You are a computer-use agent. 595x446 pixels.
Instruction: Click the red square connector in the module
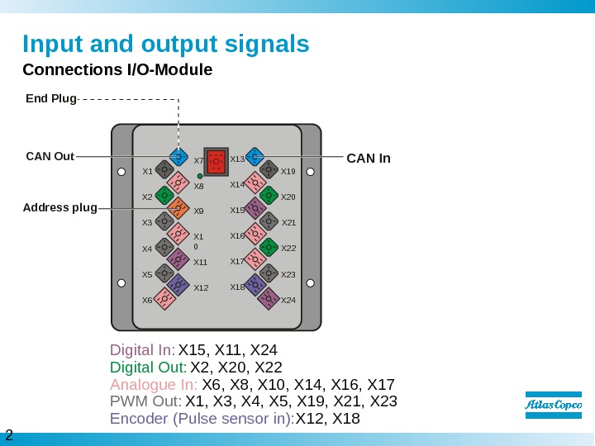[x=217, y=161]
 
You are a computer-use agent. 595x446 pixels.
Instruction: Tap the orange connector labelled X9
[x=177, y=209]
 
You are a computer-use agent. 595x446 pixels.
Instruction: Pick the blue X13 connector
[x=255, y=157]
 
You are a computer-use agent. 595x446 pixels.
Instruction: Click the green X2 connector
[x=164, y=197]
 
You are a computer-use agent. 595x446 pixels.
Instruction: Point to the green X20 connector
[x=268, y=196]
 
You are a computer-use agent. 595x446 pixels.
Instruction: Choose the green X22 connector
[x=268, y=247]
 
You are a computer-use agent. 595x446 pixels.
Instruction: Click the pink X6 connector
[x=164, y=299]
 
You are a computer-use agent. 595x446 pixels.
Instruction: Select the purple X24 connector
[x=268, y=298]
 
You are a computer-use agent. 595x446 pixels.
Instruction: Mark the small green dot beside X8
[x=200, y=176]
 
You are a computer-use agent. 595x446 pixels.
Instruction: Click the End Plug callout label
[x=50, y=98]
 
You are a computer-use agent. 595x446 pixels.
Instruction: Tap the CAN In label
[x=368, y=157]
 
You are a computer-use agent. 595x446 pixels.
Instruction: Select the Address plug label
[x=59, y=207]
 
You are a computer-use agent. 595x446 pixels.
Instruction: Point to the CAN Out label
[x=50, y=156]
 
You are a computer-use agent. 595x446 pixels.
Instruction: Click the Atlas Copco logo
[x=554, y=405]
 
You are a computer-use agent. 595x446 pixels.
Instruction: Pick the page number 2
[x=9, y=434]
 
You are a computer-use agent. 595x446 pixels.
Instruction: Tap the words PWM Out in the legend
[x=145, y=401]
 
